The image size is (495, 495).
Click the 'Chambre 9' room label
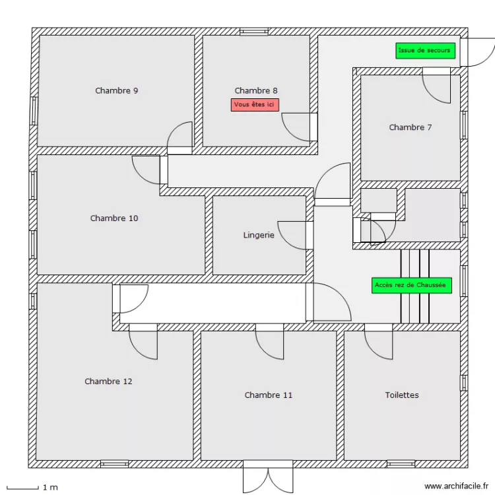coord(116,90)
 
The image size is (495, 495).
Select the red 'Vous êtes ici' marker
coord(255,104)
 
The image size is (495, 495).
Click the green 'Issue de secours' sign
coord(425,51)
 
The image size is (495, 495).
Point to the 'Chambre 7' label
coord(410,127)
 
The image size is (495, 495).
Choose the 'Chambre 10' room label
coord(114,218)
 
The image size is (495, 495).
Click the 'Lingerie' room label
coord(259,234)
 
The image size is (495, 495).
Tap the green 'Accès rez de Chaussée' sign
coord(411,285)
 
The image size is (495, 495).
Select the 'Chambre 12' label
coord(108,381)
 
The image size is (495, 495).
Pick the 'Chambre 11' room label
coord(268,395)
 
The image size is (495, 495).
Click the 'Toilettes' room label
coord(402,395)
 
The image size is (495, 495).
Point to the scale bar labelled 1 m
coord(30,487)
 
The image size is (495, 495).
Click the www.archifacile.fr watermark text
coord(456,486)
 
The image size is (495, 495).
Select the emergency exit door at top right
coord(477,51)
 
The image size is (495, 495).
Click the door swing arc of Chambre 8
coord(296,127)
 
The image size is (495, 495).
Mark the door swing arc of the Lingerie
coord(292,236)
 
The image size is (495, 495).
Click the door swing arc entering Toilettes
coord(378,343)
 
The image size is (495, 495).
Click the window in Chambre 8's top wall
coord(253,31)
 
